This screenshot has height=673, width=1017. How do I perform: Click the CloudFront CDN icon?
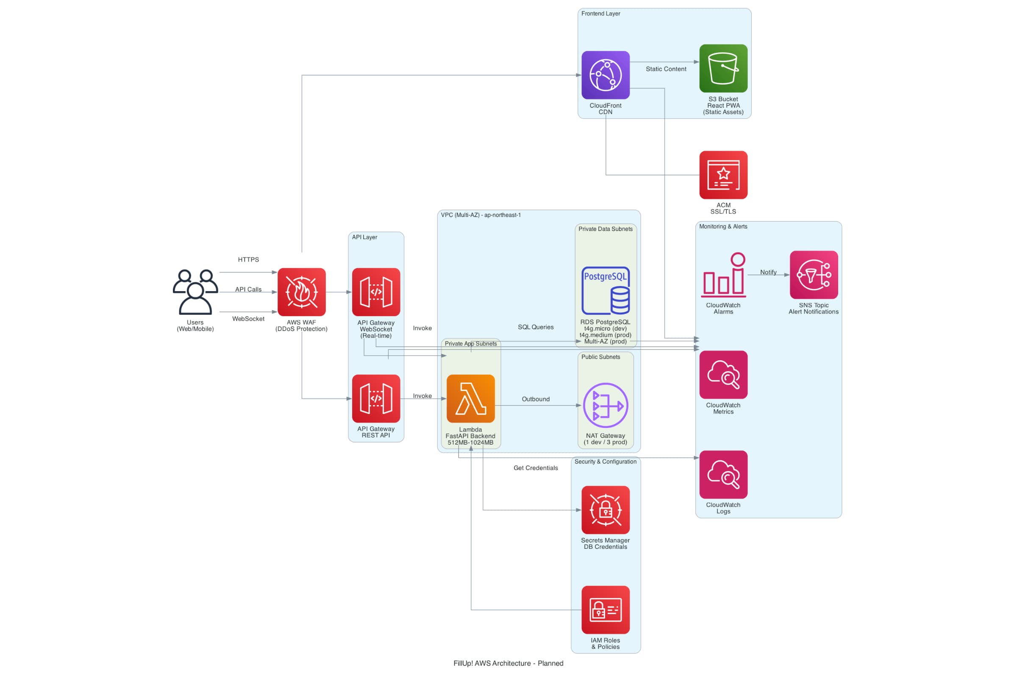click(x=606, y=75)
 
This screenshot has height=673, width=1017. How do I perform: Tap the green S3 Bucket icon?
click(x=723, y=68)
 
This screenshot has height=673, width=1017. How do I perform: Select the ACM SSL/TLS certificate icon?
click(x=723, y=175)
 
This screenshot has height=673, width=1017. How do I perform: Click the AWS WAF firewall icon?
click(x=301, y=292)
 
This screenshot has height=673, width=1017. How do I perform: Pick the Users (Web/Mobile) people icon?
click(x=195, y=292)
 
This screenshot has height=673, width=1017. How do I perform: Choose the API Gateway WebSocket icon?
click(x=376, y=292)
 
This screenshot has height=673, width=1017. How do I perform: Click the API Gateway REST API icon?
click(x=376, y=398)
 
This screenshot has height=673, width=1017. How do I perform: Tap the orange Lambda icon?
click(x=470, y=398)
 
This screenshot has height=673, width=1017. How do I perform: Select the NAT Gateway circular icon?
click(x=606, y=405)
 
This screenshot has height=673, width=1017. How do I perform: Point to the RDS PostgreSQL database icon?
click(x=606, y=291)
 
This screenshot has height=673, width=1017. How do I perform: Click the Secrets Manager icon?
click(x=606, y=509)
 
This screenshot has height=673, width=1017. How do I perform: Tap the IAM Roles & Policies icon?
click(x=606, y=609)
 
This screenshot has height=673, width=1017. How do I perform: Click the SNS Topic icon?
click(x=814, y=275)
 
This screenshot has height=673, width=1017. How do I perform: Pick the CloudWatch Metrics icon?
click(x=723, y=374)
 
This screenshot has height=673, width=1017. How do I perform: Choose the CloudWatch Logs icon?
click(x=723, y=474)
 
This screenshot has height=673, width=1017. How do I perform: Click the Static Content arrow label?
click(x=666, y=69)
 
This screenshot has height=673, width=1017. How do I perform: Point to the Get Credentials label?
click(x=536, y=468)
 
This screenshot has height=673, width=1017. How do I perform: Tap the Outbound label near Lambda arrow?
click(x=536, y=399)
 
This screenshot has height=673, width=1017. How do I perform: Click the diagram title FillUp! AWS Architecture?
click(x=508, y=663)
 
